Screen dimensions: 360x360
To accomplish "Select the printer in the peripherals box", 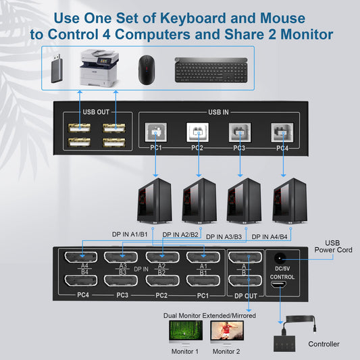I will point(96,66).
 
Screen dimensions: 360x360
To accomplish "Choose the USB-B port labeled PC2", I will point(197,132).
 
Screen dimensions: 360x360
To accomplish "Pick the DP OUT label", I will point(245,295).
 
